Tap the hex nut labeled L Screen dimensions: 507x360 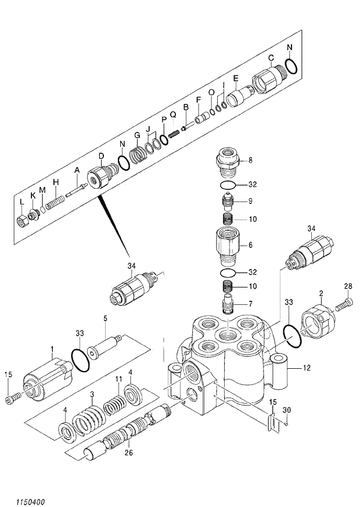click(x=22, y=221)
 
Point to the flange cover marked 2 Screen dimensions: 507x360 click(x=318, y=320)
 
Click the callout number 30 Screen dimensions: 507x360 click(x=286, y=411)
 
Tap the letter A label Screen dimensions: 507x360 click(x=76, y=170)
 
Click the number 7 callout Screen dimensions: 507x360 click(x=250, y=304)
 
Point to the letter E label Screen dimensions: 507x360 click(x=236, y=78)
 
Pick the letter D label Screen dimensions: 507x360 click(x=100, y=156)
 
